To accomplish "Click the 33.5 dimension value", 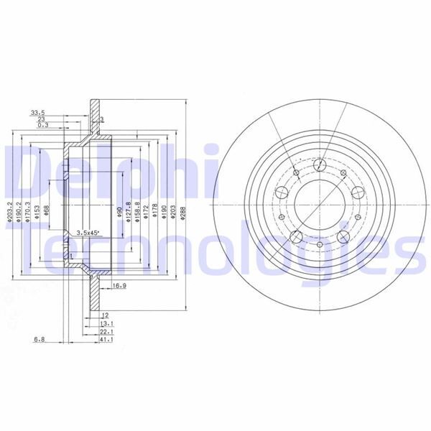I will click(37, 112).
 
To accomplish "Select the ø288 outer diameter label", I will click(184, 213).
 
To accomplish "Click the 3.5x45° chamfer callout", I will click(88, 233).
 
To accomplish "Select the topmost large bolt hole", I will click(318, 164).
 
